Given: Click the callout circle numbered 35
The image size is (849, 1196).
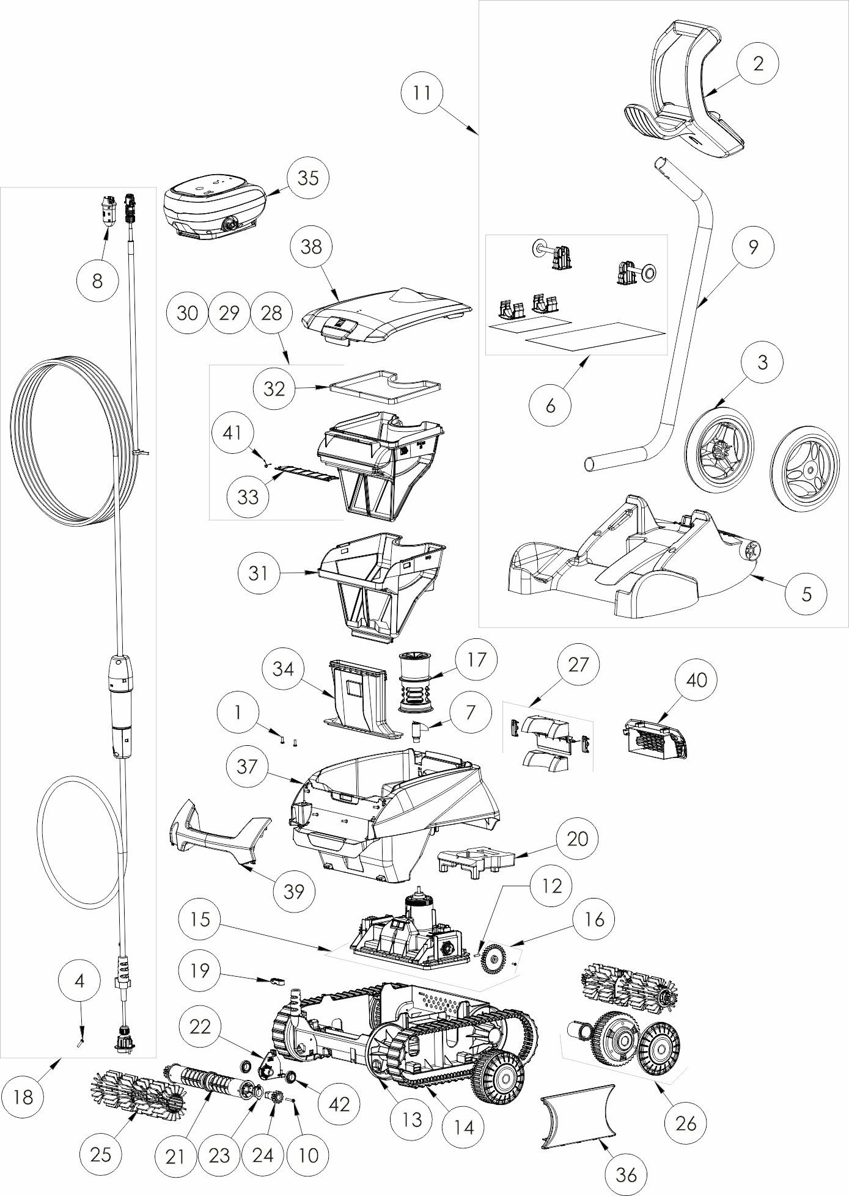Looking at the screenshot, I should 308,178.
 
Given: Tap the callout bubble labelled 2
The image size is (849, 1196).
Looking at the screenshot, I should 758,64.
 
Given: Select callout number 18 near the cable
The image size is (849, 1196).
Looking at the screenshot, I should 24,1098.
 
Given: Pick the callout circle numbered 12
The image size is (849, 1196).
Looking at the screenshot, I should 551,886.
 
